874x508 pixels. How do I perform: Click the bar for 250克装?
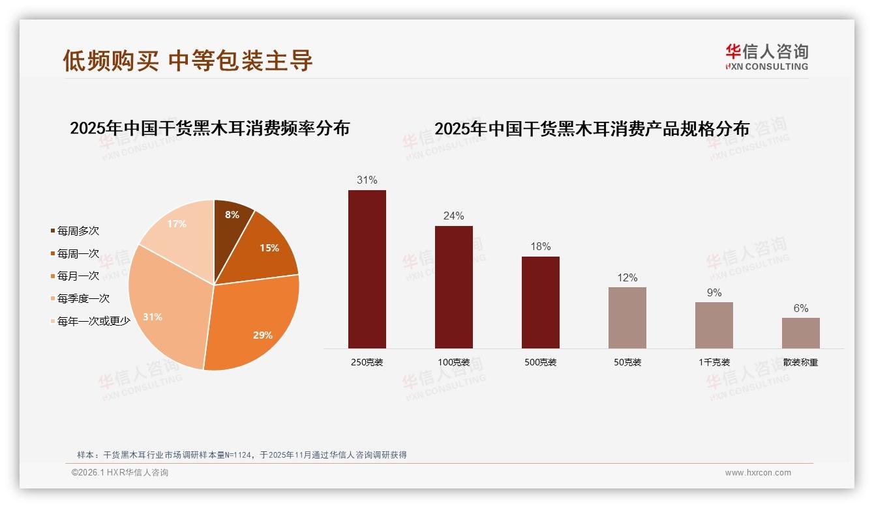(x=367, y=269)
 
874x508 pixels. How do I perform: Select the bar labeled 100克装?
(x=454, y=287)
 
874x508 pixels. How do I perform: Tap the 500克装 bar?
(x=541, y=302)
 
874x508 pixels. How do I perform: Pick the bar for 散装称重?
(x=800, y=333)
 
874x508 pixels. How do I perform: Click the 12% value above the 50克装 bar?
(x=627, y=277)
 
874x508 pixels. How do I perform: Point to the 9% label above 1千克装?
(x=714, y=293)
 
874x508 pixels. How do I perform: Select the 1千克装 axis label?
(x=714, y=362)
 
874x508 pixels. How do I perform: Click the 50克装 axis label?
(x=627, y=362)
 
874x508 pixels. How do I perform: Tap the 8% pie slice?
(x=231, y=221)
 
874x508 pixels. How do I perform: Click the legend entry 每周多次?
(x=78, y=231)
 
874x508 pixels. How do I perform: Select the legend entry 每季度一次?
(x=83, y=299)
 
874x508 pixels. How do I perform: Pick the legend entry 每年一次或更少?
(x=93, y=321)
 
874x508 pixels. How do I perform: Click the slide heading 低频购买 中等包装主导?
(x=188, y=61)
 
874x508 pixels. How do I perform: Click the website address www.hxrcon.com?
(x=757, y=473)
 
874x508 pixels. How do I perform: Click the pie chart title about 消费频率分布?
(x=209, y=128)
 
